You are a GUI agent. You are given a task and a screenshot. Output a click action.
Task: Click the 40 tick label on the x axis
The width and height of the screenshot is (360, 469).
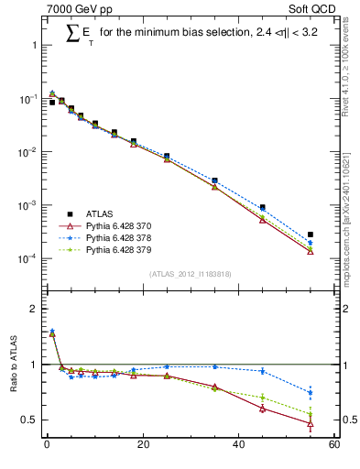[238, 445]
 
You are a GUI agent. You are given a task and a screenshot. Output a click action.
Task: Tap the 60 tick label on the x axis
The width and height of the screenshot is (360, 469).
[334, 445]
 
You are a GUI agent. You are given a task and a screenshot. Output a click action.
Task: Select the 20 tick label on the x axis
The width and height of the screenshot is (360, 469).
[142, 445]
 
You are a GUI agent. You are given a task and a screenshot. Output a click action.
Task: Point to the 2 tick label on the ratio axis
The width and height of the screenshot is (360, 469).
[31, 309]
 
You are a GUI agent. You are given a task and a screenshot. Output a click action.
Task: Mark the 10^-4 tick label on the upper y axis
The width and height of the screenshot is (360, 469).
[25, 259]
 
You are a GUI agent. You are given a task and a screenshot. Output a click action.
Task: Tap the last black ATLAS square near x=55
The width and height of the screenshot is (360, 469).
[311, 234]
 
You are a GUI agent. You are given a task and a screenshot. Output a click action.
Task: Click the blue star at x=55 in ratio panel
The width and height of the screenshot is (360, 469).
[311, 392]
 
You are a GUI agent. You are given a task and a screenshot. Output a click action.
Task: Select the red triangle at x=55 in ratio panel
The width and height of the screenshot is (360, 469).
[311, 424]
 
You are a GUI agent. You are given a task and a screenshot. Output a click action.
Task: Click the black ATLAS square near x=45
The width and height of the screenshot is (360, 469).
[262, 208]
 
